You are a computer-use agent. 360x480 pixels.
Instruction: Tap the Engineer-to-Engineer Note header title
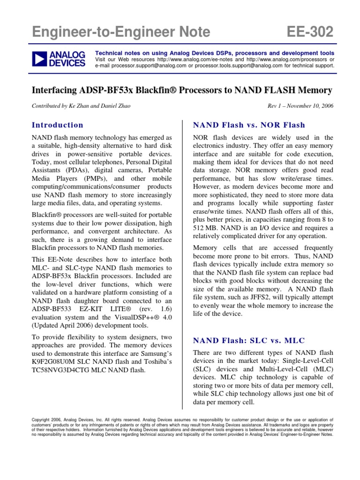(121, 32)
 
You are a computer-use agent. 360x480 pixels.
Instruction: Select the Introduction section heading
(57, 125)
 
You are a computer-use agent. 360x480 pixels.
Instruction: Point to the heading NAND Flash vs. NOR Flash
(249, 125)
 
